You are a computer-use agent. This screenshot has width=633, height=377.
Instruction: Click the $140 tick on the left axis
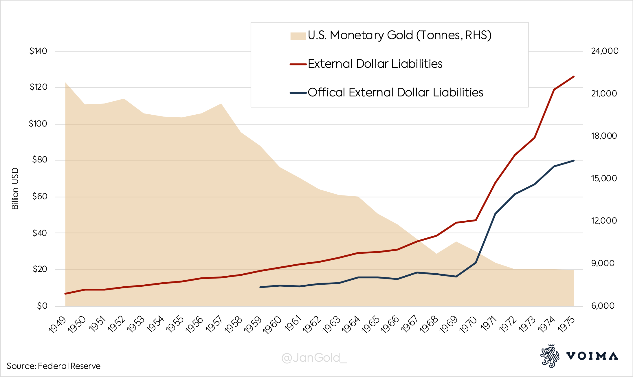click(x=38, y=51)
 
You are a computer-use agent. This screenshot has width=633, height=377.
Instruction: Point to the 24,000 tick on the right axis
click(x=604, y=51)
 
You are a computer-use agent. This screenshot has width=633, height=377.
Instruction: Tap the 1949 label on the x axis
click(x=58, y=325)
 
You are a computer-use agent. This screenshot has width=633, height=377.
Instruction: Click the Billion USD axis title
click(x=15, y=188)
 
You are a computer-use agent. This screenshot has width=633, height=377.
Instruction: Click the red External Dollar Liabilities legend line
click(x=298, y=64)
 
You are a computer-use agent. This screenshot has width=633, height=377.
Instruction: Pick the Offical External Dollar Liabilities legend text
click(x=395, y=93)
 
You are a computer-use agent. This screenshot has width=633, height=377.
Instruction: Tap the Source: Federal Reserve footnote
click(x=54, y=366)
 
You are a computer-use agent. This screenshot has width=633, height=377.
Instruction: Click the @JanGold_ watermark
click(x=314, y=358)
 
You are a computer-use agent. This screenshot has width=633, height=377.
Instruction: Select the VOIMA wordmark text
click(x=592, y=356)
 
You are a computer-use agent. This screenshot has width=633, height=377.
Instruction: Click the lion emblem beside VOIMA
click(x=549, y=356)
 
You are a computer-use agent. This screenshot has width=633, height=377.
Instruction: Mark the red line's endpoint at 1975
click(x=573, y=77)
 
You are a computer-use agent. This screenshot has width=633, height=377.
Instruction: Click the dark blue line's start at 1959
click(x=260, y=287)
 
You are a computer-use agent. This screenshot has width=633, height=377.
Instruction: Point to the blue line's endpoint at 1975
click(x=573, y=161)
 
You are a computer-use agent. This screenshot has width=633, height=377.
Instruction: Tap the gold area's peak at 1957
click(x=221, y=104)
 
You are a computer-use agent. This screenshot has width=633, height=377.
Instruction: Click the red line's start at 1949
click(x=65, y=294)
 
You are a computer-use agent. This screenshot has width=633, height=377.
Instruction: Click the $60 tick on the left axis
click(x=39, y=197)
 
